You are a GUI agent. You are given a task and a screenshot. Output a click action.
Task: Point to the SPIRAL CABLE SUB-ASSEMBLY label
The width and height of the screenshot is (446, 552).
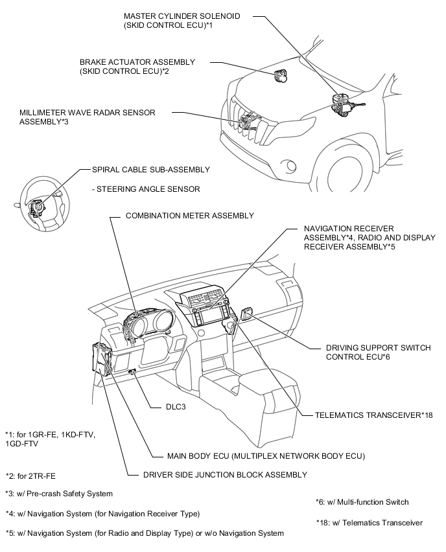point(147,169)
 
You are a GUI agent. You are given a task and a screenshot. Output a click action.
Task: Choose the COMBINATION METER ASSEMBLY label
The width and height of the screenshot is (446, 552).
point(190,215)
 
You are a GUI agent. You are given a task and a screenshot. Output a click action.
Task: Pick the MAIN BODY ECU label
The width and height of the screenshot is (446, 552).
point(257,455)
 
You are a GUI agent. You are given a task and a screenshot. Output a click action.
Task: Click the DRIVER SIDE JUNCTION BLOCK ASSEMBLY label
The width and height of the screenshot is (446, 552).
point(225,475)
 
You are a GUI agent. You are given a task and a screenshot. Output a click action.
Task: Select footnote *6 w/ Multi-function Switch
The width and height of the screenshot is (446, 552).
point(362,501)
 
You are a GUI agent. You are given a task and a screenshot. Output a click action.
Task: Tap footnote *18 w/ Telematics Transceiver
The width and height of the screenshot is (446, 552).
point(370,522)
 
